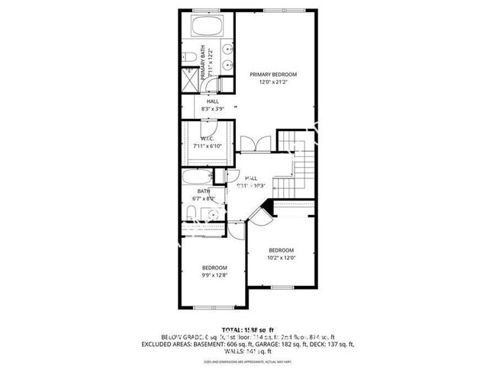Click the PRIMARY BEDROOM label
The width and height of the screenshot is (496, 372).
point(273,75)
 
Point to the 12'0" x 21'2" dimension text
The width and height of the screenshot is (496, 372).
point(273,82)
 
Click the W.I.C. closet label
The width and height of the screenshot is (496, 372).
point(202,138)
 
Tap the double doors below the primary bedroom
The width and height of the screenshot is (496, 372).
point(251,144)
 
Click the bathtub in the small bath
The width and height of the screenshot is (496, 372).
point(199,180)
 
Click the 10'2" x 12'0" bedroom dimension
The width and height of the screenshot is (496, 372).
point(280,258)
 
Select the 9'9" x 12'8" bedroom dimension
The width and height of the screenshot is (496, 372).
point(214,275)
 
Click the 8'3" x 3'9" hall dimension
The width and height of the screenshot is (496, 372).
point(214,109)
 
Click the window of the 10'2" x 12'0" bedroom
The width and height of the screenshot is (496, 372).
point(282,287)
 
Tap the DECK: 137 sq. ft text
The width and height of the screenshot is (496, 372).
point(329,345)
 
